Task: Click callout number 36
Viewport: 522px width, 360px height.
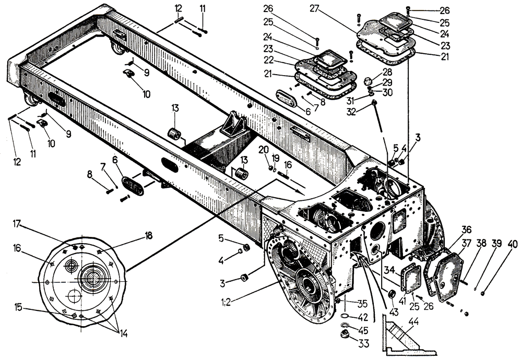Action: click(x=466, y=229)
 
